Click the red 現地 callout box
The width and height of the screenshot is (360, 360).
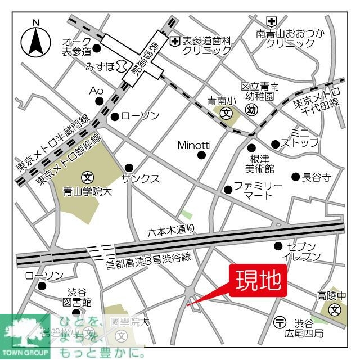tap(258, 280)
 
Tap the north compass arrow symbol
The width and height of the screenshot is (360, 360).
tap(36, 40)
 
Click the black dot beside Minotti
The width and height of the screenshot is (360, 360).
tap(202, 155)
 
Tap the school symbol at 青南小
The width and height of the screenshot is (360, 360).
tap(226, 113)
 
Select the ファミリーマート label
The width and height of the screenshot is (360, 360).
tap(258, 190)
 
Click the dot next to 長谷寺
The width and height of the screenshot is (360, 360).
tap(295, 177)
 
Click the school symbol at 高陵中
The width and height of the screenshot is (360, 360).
tap(335, 309)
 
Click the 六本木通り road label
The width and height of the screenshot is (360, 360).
tap(172, 229)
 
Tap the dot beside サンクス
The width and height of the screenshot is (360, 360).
tap(129, 167)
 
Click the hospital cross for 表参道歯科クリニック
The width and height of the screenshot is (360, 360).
tap(175, 40)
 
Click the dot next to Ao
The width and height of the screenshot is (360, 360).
tap(100, 101)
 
